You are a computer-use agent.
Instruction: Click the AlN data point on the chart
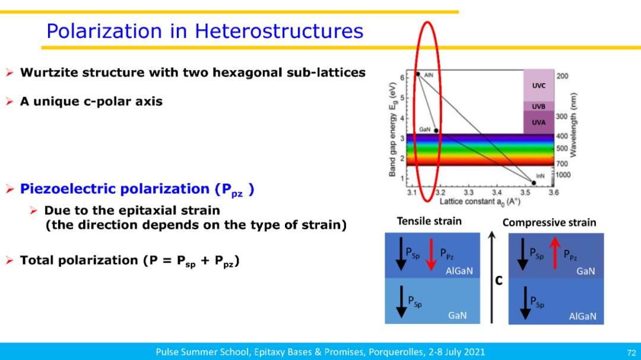pyautogui.click(x=418, y=74)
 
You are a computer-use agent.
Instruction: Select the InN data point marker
pyautogui.click(x=534, y=183)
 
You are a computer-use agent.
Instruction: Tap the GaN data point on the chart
pyautogui.click(x=436, y=130)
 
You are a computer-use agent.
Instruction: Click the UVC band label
pyautogui.click(x=538, y=86)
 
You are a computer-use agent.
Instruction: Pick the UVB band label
pyautogui.click(x=538, y=107)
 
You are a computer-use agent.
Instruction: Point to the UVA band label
pyautogui.click(x=538, y=122)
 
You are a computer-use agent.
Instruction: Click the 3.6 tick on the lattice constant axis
pyautogui.click(x=554, y=193)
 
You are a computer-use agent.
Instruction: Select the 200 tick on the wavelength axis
pyautogui.click(x=563, y=77)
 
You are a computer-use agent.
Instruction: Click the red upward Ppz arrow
pyautogui.click(x=555, y=253)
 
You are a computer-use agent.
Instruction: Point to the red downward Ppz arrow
pyautogui.click(x=431, y=254)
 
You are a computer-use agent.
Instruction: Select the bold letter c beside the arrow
pyautogui.click(x=499, y=281)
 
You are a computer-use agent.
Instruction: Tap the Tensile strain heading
pyautogui.click(x=429, y=221)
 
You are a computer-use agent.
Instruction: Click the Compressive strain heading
pyautogui.click(x=549, y=222)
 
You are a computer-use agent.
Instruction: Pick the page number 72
pyautogui.click(x=631, y=353)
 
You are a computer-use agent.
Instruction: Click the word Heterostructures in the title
pyautogui.click(x=279, y=31)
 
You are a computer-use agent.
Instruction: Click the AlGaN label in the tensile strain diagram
pyautogui.click(x=459, y=271)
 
